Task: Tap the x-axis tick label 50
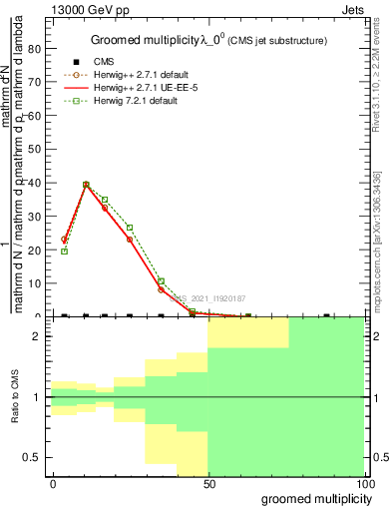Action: [x=207, y=482]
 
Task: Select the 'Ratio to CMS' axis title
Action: [x=16, y=397]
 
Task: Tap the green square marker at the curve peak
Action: [x=86, y=185]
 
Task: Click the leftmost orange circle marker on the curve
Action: [x=65, y=240]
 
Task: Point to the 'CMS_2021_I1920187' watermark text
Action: [x=210, y=297]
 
